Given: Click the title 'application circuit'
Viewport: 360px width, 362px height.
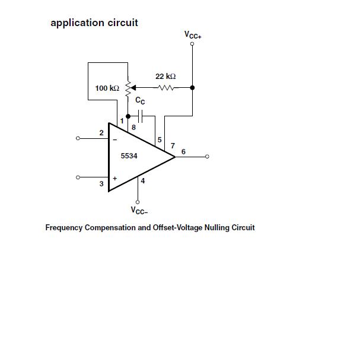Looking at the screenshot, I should [94, 23].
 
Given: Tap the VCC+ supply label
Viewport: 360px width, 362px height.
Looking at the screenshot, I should [193, 35].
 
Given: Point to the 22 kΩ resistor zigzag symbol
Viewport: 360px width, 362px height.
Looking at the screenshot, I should [165, 88].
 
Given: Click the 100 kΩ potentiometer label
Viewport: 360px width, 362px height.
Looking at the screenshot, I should [107, 88].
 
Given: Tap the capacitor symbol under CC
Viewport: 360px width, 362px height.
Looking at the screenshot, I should [141, 116].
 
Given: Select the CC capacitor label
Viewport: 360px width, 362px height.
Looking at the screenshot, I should [140, 101].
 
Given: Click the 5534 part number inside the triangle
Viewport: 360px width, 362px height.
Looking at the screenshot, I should [129, 156].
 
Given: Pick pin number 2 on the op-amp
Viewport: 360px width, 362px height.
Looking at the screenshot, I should [101, 132].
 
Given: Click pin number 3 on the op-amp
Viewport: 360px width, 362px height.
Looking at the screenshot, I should [101, 184].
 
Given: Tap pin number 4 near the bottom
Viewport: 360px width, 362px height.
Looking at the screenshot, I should [143, 181].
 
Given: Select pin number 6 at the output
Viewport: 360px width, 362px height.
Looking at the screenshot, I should [183, 152].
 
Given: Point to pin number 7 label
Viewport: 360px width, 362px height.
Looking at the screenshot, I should [173, 145].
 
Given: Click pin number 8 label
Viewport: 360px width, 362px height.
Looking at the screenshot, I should [133, 127].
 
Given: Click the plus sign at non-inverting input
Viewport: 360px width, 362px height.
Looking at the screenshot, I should [114, 177].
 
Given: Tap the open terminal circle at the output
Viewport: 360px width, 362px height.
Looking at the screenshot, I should [207, 157].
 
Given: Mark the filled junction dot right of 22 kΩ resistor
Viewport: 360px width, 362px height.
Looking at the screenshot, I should [192, 88].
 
